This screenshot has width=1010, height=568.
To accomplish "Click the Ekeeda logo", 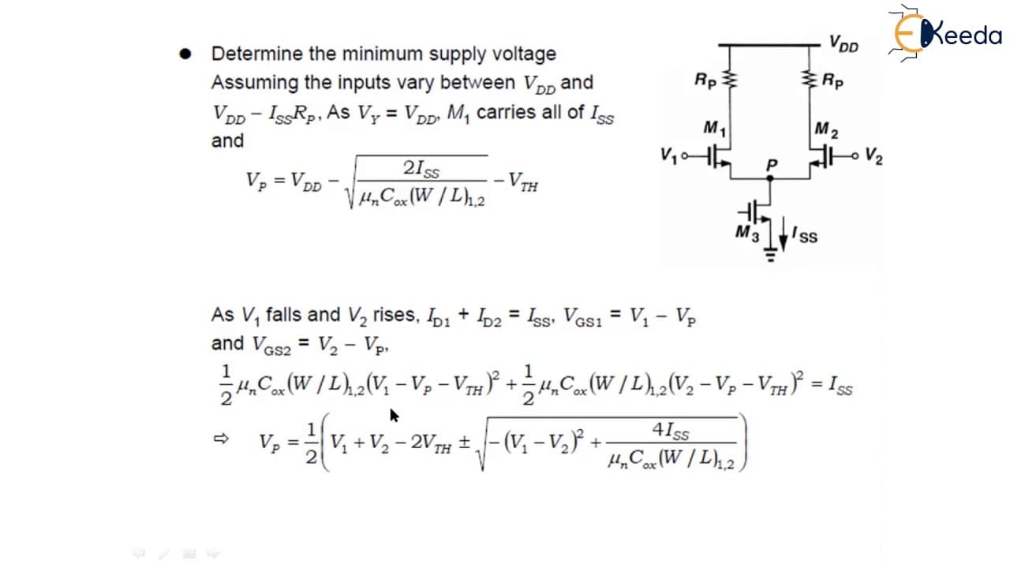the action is (x=945, y=32).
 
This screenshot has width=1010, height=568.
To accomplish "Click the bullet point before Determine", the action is (x=185, y=54).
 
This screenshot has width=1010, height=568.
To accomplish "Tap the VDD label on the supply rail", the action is (x=844, y=43).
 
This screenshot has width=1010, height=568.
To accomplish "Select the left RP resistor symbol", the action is (x=730, y=80).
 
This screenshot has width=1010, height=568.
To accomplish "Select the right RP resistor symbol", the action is (x=810, y=80).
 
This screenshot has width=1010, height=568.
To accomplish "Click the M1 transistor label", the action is (x=715, y=129).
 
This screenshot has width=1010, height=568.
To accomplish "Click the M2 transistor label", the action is (x=826, y=130).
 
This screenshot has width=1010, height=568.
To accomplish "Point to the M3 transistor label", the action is (x=747, y=234).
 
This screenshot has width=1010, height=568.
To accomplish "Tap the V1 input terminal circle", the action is (x=684, y=156).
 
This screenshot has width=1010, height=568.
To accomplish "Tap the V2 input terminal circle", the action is (x=855, y=156).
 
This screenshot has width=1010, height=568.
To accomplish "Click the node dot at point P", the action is (x=770, y=178).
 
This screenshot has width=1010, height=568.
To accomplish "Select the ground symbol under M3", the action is (x=770, y=255).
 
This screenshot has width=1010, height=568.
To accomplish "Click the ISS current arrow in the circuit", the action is (x=784, y=234).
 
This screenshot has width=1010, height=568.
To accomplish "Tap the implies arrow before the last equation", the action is (x=221, y=438).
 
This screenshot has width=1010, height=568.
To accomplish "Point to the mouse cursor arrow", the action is (x=394, y=416).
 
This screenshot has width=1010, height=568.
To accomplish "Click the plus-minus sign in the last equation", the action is (x=465, y=443).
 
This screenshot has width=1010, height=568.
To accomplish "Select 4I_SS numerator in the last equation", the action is (x=671, y=431).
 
